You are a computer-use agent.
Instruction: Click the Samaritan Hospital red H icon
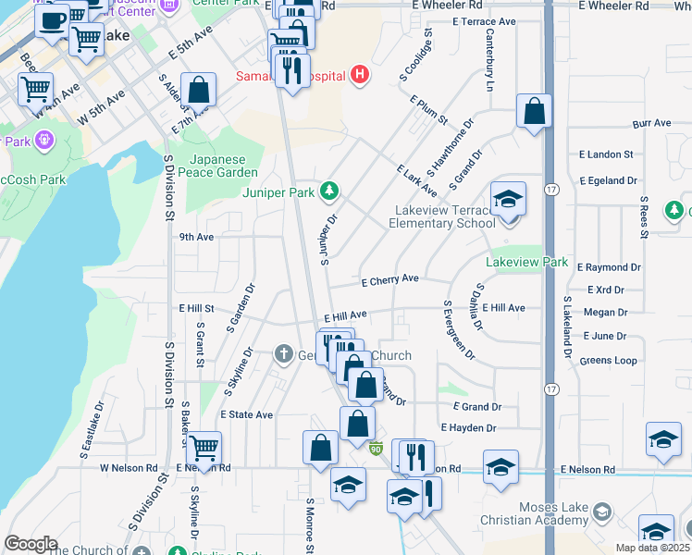[x=361, y=75]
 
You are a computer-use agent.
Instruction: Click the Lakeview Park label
[x=527, y=263]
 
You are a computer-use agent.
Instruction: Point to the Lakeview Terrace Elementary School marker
[x=507, y=202]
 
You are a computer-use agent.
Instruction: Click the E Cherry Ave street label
[x=390, y=278]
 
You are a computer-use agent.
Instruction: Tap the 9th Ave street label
[x=196, y=237]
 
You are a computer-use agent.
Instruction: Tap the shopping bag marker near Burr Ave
[x=535, y=112]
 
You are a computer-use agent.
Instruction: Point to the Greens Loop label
[x=609, y=360]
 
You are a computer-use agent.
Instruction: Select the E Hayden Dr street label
[x=469, y=428]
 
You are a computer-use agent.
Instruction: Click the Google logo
[x=31, y=544]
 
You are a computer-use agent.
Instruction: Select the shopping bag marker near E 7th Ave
[x=198, y=91]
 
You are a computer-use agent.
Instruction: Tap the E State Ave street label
[x=247, y=415]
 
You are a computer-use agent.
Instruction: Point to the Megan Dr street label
[x=606, y=314]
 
